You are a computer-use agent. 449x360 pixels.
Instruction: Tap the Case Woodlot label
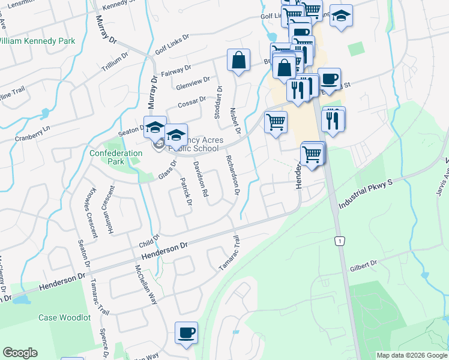pyautogui.click(x=64, y=317)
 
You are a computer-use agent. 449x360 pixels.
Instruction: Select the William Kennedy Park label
pyautogui.click(x=37, y=41)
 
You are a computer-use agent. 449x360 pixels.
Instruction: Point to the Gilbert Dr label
pyautogui.click(x=364, y=264)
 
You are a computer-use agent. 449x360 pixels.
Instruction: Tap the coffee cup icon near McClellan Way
pyautogui.click(x=186, y=332)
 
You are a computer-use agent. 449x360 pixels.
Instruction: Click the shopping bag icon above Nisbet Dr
pyautogui.click(x=238, y=60)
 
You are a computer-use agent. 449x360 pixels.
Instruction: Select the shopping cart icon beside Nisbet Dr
pyautogui.click(x=276, y=122)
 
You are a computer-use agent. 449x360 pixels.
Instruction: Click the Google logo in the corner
pyautogui.click(x=20, y=353)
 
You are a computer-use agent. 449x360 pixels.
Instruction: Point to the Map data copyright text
pyautogui.click(x=412, y=355)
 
